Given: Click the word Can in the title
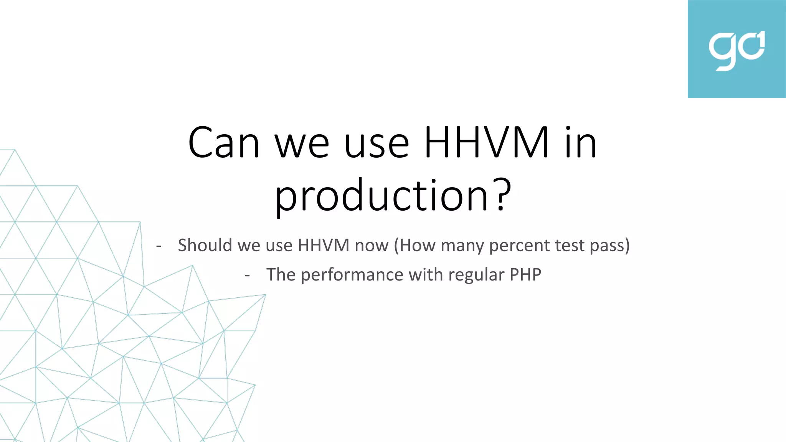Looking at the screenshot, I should (x=224, y=143).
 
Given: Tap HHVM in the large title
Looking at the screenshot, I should (x=487, y=143).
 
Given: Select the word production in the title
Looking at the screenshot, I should (x=381, y=196).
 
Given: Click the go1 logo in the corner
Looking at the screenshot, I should (x=736, y=49).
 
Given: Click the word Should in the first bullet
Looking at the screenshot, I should (x=205, y=245).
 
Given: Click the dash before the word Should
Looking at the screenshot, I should (x=159, y=246).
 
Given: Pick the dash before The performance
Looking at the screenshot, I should (x=247, y=275).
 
